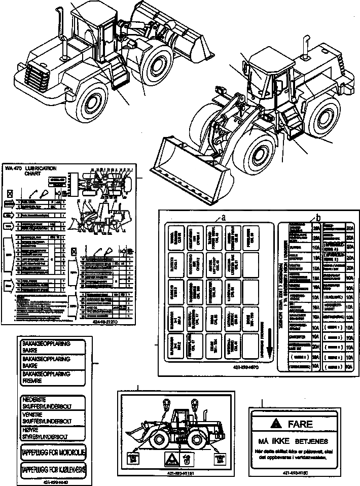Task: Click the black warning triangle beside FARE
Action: tap(275, 424)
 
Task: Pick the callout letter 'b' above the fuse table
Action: tap(318, 217)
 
